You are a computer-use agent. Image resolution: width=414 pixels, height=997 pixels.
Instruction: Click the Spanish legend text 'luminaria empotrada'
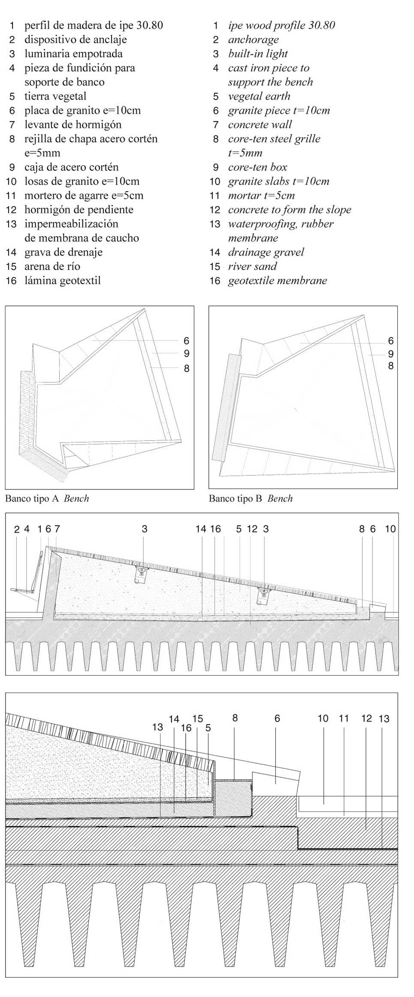click(x=73, y=54)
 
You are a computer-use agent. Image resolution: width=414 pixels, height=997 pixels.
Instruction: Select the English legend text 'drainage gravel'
click(x=266, y=252)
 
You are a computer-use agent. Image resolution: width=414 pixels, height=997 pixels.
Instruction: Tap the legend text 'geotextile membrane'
click(x=277, y=280)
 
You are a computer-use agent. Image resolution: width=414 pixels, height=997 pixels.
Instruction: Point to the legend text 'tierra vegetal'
click(x=55, y=96)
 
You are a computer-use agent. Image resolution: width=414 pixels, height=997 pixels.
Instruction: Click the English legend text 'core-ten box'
click(x=257, y=167)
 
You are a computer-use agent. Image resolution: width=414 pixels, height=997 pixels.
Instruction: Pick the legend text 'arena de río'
click(x=52, y=266)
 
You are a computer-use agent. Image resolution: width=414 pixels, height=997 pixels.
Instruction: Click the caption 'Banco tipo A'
click(x=33, y=498)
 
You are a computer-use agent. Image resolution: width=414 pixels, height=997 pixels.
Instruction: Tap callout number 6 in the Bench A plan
click(x=186, y=341)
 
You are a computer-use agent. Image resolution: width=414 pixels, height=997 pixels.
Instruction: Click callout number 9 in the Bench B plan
click(x=390, y=354)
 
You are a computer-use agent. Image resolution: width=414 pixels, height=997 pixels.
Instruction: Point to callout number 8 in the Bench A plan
click(x=186, y=368)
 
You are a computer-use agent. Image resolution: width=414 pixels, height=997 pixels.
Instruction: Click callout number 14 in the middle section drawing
click(x=201, y=529)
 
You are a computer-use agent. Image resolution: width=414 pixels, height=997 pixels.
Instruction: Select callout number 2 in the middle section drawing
click(x=17, y=529)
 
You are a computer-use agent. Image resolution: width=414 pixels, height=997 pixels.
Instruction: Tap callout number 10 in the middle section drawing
click(x=390, y=529)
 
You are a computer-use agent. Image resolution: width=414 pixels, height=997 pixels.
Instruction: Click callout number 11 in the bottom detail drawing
click(x=344, y=718)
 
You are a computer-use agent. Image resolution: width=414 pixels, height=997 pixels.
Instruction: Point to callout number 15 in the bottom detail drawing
click(x=197, y=718)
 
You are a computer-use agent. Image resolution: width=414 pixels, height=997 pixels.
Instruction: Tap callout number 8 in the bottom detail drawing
click(x=235, y=718)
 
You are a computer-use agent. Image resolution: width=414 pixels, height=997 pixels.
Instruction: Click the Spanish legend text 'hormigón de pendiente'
click(x=79, y=210)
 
